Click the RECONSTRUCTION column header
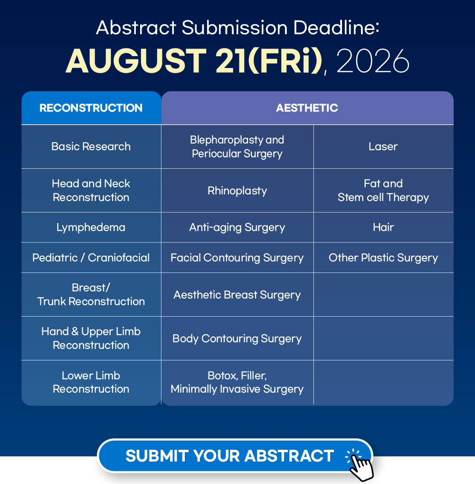[91, 108]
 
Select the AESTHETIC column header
[307, 108]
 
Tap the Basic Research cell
[91, 146]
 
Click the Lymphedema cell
[91, 227]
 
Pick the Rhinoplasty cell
[237, 191]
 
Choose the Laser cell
[383, 146]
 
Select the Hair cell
[383, 227]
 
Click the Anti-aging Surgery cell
[237, 227]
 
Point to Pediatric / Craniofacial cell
[91, 258]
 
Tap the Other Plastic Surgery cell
[383, 258]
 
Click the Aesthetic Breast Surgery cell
[237, 295]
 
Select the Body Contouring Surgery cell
[237, 339]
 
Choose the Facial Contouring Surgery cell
[237, 258]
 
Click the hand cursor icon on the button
[360, 465]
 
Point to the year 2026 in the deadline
[373, 61]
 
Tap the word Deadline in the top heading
[336, 28]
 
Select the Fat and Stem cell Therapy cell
[383, 191]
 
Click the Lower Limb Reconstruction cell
[91, 382]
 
